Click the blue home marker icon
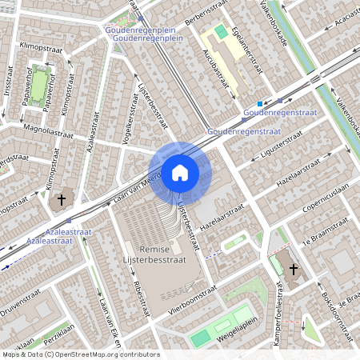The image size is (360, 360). (180, 172)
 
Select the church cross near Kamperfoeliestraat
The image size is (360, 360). (292, 270)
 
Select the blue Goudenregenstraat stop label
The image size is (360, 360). (274, 113)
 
